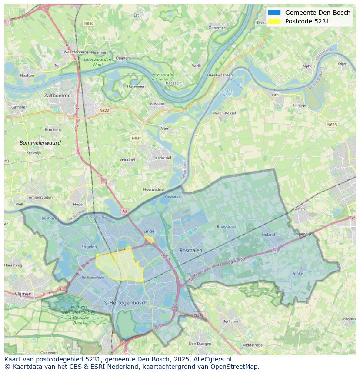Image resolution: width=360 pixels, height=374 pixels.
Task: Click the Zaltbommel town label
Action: [58, 95]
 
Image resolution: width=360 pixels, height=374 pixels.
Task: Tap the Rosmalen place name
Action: [191, 250]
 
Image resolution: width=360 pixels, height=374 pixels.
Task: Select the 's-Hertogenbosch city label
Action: [126, 303]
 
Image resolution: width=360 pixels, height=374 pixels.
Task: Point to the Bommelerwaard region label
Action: [40, 142]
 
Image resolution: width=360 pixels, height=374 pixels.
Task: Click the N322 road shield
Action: [104, 110]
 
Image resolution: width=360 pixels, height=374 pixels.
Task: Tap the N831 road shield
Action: [137, 138]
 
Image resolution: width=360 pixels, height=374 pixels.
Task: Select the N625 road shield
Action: [332, 125]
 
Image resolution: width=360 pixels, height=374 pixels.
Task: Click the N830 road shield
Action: [89, 23]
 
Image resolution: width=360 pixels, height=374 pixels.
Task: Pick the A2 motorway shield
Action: [125, 211]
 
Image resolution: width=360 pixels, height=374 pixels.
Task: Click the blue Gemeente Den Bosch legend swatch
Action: [274, 13]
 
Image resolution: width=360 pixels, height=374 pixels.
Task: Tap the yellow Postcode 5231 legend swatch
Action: [274, 21]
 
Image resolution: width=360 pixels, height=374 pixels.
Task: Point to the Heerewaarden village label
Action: [220, 75]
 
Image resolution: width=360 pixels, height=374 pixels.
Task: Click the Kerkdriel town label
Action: [163, 158]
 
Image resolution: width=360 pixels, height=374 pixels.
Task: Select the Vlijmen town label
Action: [23, 294]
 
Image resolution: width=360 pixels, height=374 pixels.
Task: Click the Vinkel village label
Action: [298, 273]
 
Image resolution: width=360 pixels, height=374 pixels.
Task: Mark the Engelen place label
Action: [89, 247]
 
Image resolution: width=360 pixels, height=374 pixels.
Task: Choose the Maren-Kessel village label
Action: [224, 113]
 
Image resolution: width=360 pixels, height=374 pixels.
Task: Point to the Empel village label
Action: [149, 232]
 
